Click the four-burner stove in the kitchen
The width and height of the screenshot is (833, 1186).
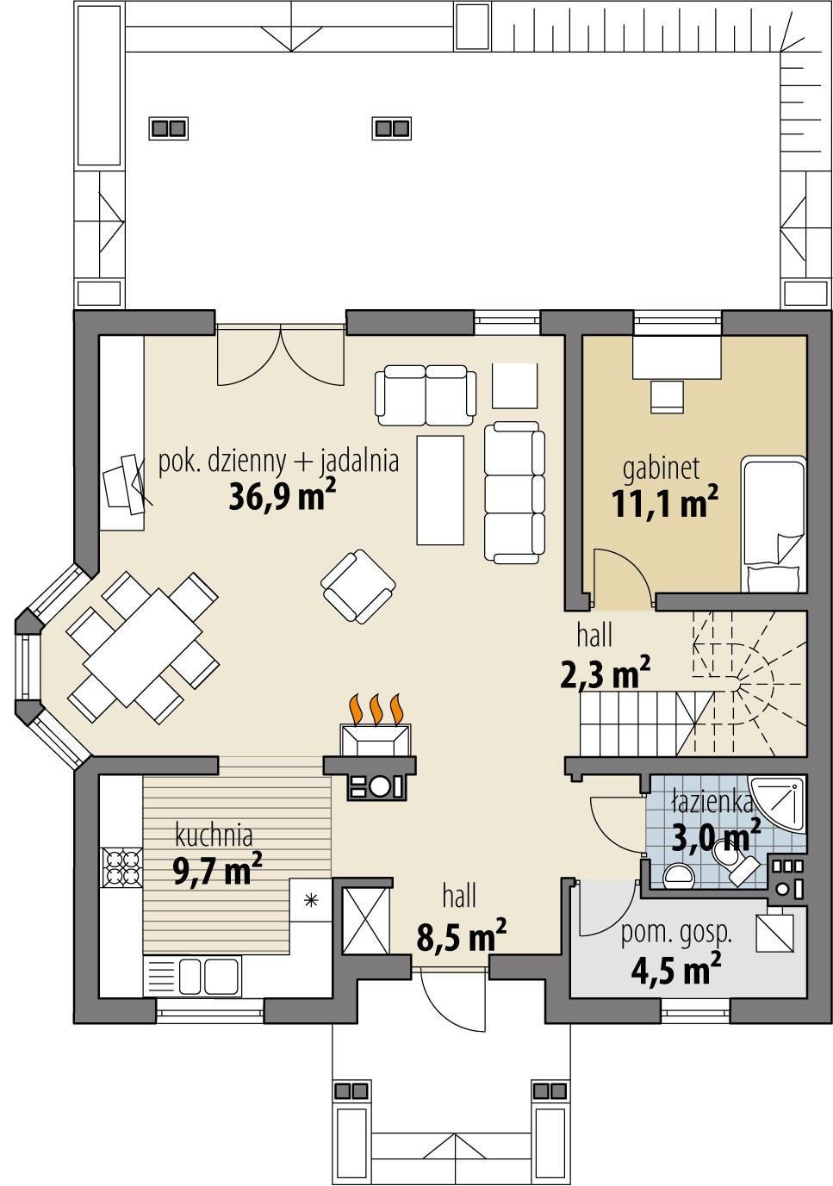click(x=121, y=867)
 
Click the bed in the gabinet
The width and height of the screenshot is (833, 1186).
click(x=773, y=525)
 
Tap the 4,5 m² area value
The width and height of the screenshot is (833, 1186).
click(x=675, y=970)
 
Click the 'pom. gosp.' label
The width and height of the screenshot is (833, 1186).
click(x=676, y=932)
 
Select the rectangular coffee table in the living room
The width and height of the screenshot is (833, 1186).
click(x=440, y=489)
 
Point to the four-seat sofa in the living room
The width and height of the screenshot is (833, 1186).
click(x=514, y=492)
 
